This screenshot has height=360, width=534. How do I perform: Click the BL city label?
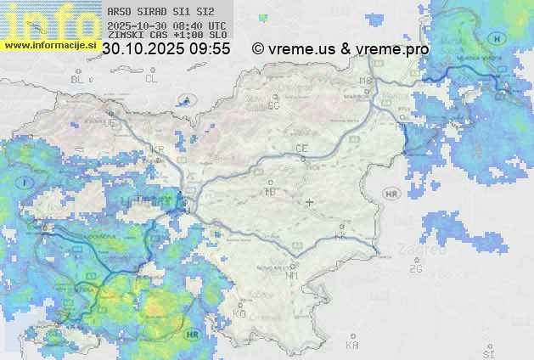point(79,79)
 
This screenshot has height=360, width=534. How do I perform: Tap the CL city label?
point(151,79)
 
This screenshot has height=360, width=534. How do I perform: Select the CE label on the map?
point(301,149)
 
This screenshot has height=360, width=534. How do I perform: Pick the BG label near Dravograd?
point(273,106)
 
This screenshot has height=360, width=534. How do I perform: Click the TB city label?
point(271,192)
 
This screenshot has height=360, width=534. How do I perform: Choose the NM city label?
point(293,276)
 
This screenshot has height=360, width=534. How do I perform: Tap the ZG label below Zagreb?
point(415,269)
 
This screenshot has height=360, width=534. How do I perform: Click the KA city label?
point(352,346)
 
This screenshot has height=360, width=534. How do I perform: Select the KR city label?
point(157,149)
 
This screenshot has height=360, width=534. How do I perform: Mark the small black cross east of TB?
point(310,202)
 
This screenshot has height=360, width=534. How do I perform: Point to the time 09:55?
point(210,49)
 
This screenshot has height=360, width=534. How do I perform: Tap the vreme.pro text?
point(394,49)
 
